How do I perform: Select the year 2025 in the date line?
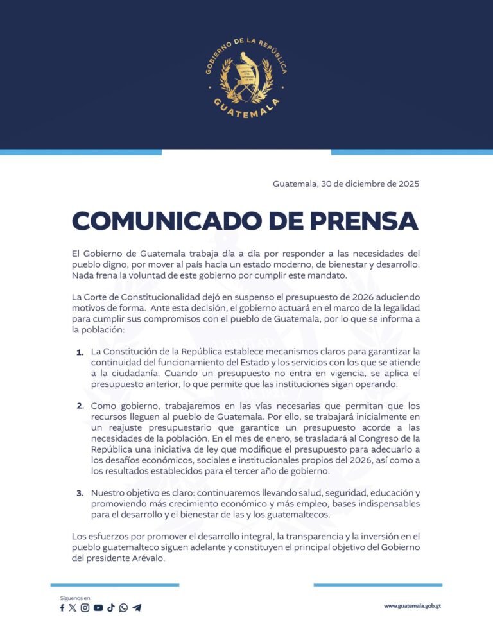[407, 184]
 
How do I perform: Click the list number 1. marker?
[80, 352]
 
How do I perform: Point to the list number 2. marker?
[80, 406]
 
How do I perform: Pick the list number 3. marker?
[80, 493]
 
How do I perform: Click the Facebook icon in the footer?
[62, 608]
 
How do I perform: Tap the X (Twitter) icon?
[73, 608]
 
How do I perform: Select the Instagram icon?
[85, 608]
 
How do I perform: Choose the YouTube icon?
[98, 608]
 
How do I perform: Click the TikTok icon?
[111, 608]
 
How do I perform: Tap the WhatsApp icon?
[123, 608]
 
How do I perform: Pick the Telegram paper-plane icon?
[137, 608]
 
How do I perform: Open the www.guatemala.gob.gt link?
[413, 606]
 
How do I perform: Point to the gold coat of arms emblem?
[246, 76]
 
